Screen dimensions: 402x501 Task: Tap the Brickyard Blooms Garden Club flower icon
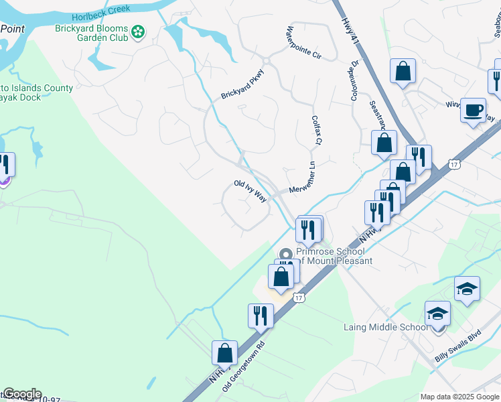pyautogui.click(x=139, y=32)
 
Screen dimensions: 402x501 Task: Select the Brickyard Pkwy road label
pyautogui.click(x=242, y=84)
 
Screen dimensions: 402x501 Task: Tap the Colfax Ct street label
pyautogui.click(x=317, y=130)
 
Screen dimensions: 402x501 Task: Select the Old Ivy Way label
pyautogui.click(x=250, y=190)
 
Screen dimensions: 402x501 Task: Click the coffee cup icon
pyautogui.click(x=474, y=109)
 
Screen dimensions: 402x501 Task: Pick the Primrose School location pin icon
pyautogui.click(x=287, y=253)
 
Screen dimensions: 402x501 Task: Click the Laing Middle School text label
pyautogui.click(x=386, y=327)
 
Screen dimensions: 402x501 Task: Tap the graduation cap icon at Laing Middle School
pyautogui.click(x=438, y=313)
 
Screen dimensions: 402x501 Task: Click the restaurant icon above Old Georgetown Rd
pyautogui.click(x=261, y=314)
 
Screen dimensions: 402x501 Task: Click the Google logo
pyautogui.click(x=22, y=394)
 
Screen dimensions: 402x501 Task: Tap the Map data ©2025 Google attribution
pyautogui.click(x=459, y=397)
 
